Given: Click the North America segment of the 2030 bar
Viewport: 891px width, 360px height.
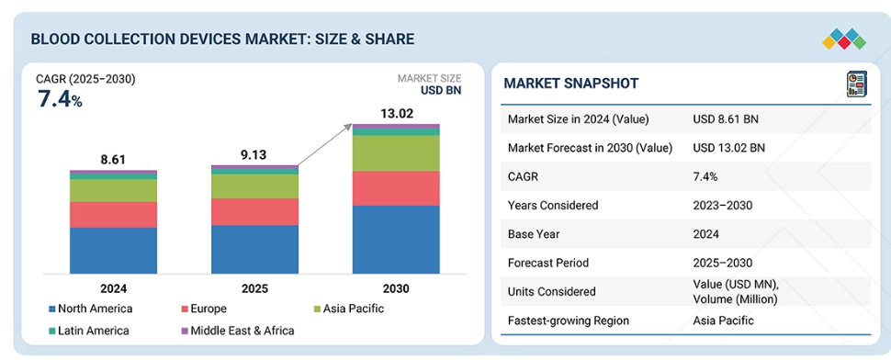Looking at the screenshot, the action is pyautogui.click(x=396, y=239).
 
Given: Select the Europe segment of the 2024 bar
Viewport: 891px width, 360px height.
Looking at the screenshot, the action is pyautogui.click(x=114, y=215).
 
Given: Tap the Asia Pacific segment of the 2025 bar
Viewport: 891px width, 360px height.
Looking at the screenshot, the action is pyautogui.click(x=254, y=186).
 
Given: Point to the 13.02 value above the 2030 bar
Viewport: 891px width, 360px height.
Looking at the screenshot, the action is pyautogui.click(x=397, y=114).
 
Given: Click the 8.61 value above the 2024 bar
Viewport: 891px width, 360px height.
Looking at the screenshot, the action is pyautogui.click(x=112, y=160).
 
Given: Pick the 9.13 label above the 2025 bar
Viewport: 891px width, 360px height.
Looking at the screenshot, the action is pyautogui.click(x=254, y=155).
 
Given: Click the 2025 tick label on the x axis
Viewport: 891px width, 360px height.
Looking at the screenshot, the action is pyautogui.click(x=254, y=288).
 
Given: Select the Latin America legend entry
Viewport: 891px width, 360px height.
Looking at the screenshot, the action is pyautogui.click(x=89, y=331).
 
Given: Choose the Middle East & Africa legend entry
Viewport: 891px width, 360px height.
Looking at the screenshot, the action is pyautogui.click(x=238, y=331).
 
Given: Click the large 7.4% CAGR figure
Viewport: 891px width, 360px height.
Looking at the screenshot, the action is pyautogui.click(x=60, y=99).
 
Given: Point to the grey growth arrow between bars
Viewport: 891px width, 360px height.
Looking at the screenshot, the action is pyautogui.click(x=325, y=145).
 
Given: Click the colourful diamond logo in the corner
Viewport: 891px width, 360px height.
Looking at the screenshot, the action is pyautogui.click(x=844, y=39).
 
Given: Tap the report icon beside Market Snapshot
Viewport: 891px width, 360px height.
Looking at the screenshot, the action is pyautogui.click(x=856, y=84).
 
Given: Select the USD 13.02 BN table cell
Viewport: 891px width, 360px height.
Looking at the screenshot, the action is pyautogui.click(x=729, y=148).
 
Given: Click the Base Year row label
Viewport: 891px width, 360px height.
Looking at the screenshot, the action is pyautogui.click(x=533, y=234).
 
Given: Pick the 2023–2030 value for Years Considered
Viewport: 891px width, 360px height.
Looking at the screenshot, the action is pyautogui.click(x=722, y=205).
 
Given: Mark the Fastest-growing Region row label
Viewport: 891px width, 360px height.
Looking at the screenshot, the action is pyautogui.click(x=569, y=321).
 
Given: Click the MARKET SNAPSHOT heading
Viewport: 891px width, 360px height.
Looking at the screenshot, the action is pyautogui.click(x=571, y=84).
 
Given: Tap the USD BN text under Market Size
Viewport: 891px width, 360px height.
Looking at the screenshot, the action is pyautogui.click(x=441, y=90).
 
